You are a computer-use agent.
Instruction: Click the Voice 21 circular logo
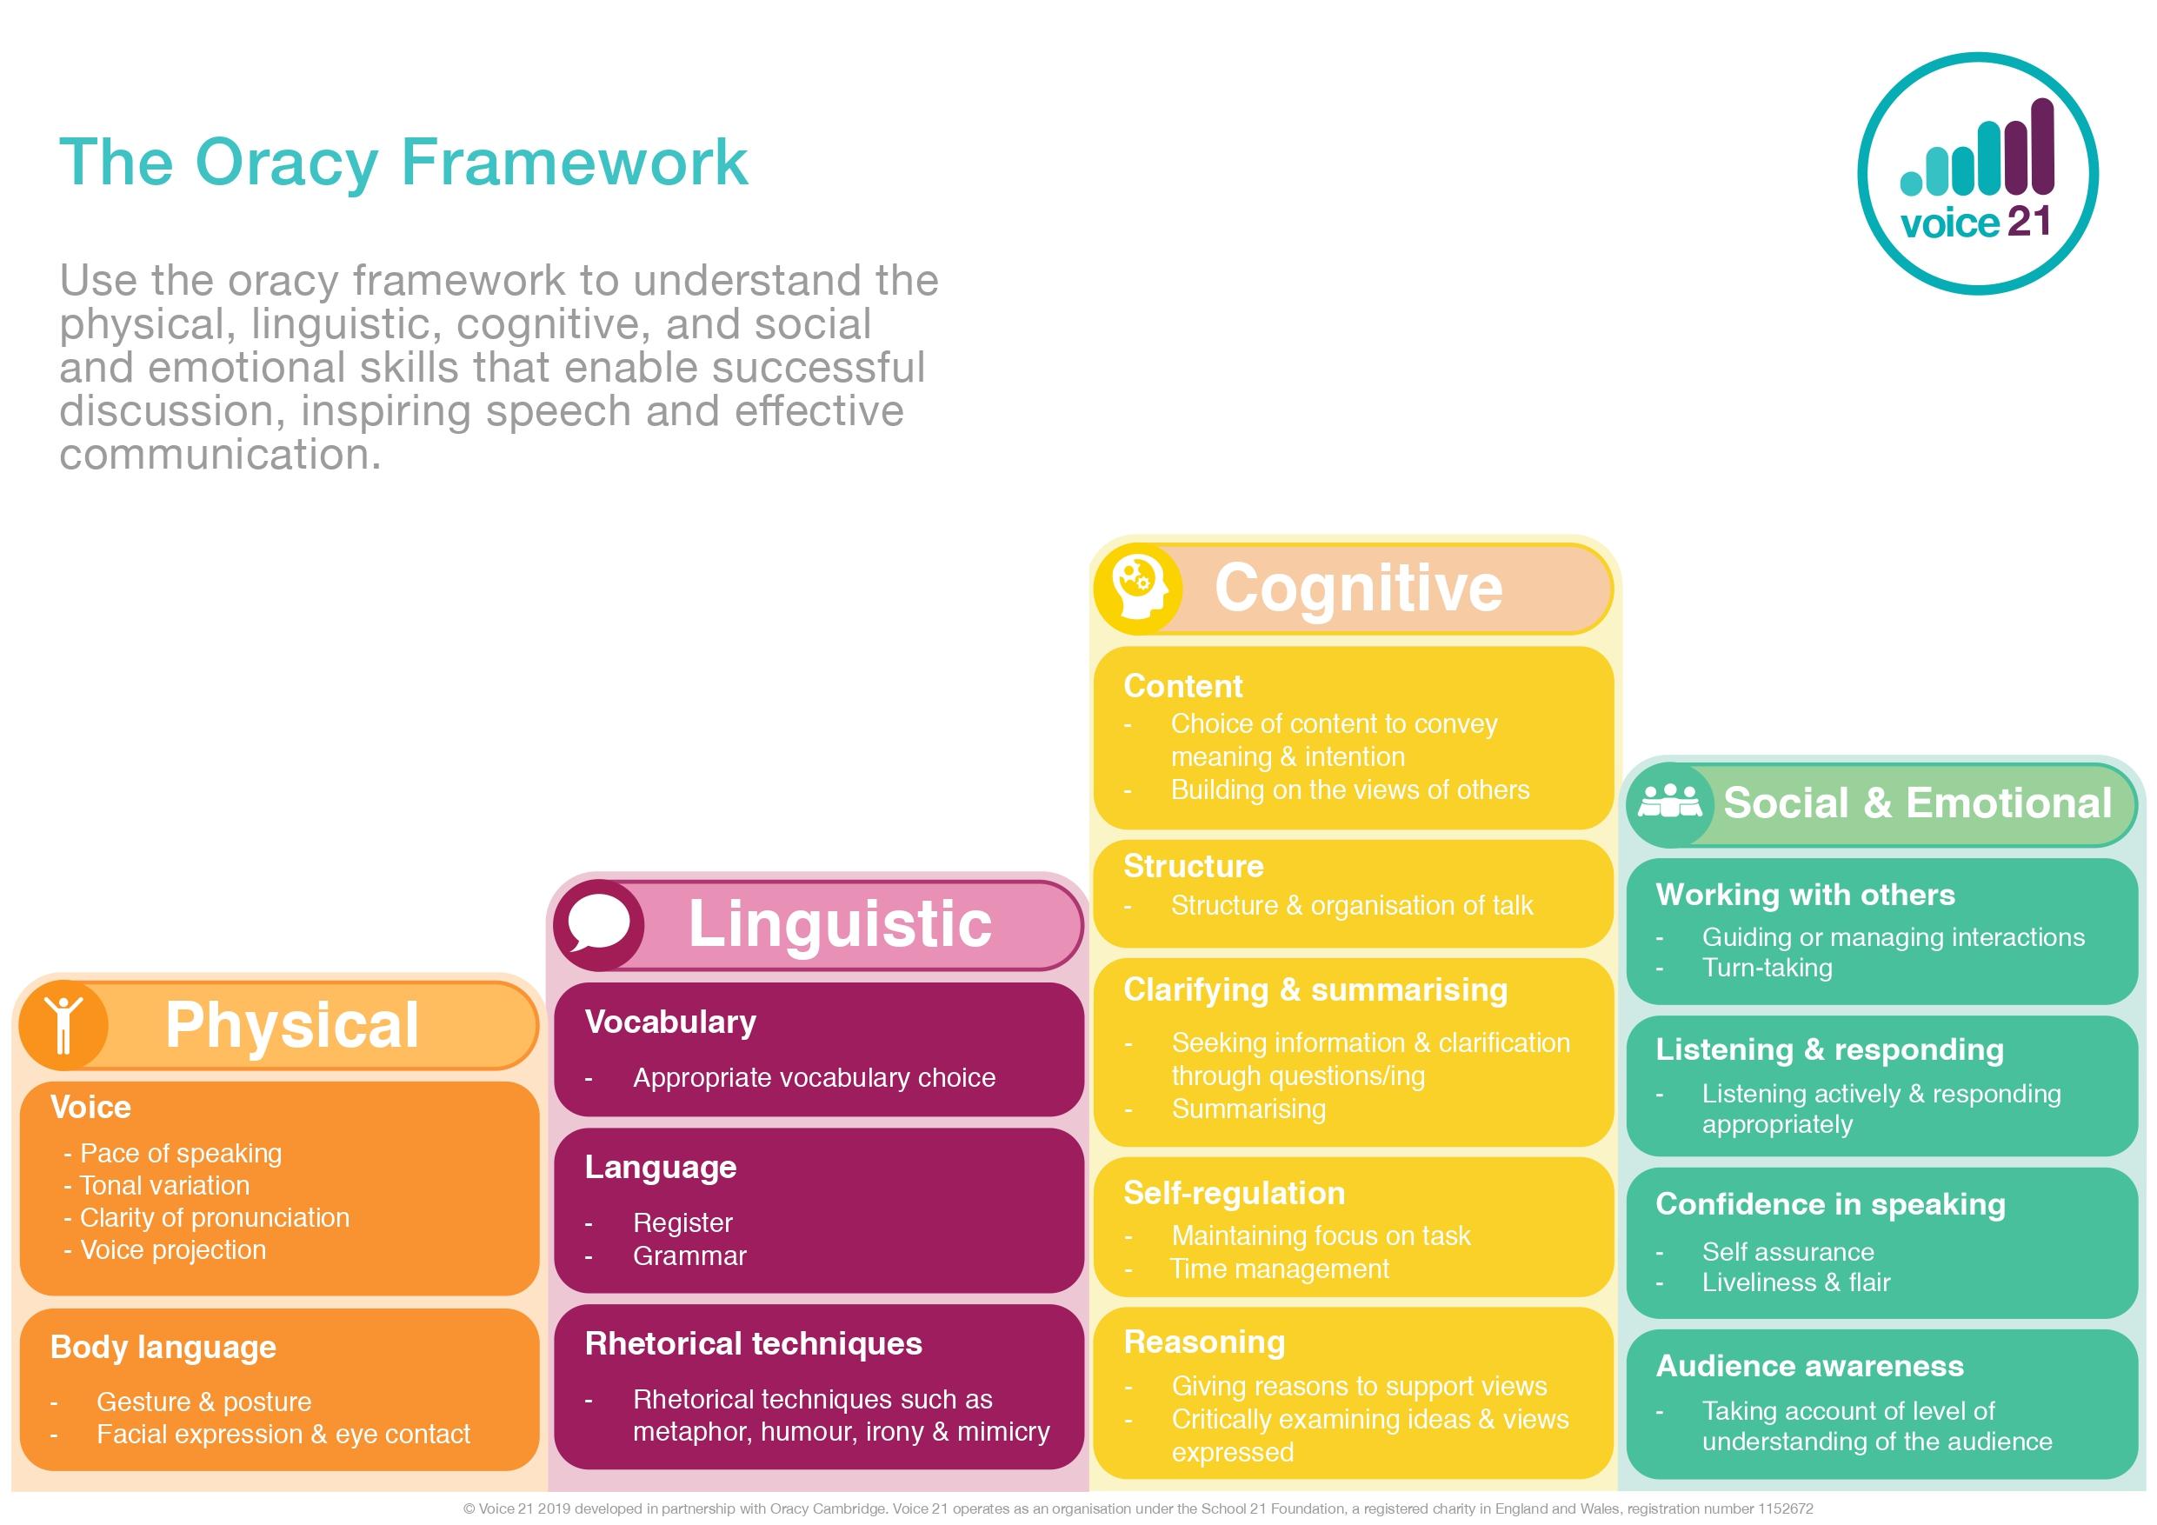point(1978,173)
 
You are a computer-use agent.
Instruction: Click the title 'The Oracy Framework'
point(403,163)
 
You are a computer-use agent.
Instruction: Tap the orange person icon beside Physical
point(63,1024)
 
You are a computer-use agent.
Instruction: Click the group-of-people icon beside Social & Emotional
point(1668,803)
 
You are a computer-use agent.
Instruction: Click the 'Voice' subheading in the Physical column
point(90,1107)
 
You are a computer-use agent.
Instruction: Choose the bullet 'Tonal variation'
point(164,1186)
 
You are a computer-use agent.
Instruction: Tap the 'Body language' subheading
point(163,1347)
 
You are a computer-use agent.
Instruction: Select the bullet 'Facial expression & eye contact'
point(283,1434)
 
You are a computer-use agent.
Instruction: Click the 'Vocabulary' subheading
point(669,1022)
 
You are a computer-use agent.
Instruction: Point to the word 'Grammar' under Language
point(689,1255)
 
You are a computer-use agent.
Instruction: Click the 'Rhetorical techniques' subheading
point(754,1342)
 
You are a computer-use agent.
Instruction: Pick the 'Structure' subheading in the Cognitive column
point(1193,865)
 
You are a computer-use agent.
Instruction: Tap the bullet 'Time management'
point(1280,1269)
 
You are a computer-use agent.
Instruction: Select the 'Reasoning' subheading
point(1204,1342)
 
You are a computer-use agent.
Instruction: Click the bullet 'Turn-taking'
point(1768,968)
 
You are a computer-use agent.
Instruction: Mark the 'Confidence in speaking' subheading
point(1830,1203)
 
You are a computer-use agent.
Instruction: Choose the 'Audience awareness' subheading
point(1809,1365)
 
